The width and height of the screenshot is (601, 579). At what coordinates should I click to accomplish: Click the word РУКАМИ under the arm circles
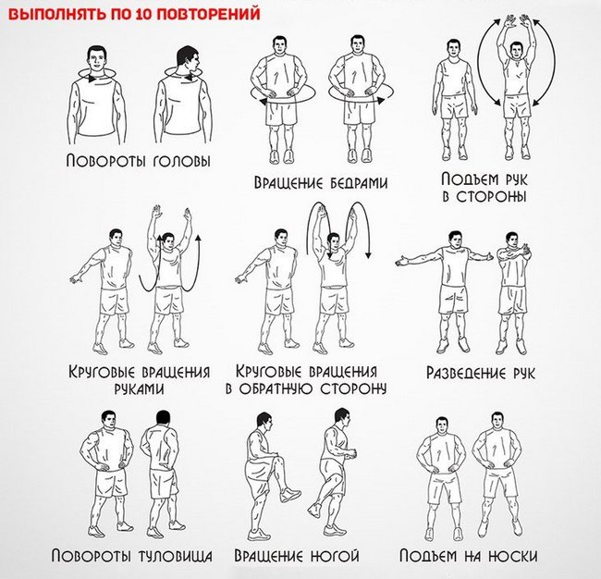pos(139,388)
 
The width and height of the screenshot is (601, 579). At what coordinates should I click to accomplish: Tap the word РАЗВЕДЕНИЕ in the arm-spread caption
pos(466,373)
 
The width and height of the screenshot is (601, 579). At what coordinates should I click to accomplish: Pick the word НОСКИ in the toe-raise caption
pos(513,556)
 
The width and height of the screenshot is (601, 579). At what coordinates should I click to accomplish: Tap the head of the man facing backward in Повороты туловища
pos(163,418)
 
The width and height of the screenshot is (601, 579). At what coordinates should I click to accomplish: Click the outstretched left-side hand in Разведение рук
pos(401,262)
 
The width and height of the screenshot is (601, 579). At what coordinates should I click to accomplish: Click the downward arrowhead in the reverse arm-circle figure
pos(368,255)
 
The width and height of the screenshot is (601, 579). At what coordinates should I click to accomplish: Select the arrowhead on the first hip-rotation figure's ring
pos(264,101)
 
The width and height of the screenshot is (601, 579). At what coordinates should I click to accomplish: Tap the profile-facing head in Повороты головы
pos(188,58)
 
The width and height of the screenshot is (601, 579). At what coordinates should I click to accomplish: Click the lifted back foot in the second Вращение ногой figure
pos(315,509)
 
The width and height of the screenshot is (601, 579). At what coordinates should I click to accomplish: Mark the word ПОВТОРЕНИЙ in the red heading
pos(208,14)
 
